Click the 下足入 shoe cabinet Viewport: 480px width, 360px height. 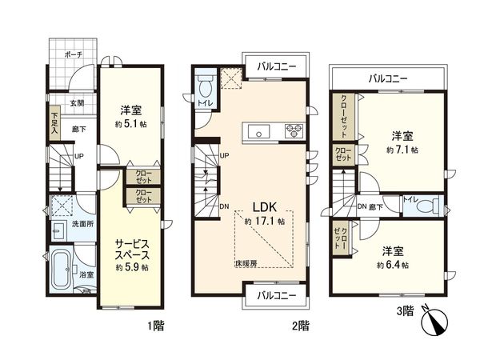54,122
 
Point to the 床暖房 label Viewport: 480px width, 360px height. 245,262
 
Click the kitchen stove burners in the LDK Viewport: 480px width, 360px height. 294,131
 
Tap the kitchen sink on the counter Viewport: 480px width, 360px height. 259,131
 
